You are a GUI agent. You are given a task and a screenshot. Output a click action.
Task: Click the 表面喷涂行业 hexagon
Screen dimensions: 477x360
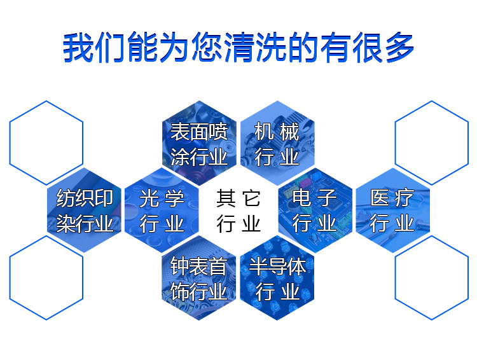[199, 143]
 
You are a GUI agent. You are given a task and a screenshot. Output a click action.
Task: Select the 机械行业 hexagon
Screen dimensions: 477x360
[277, 143]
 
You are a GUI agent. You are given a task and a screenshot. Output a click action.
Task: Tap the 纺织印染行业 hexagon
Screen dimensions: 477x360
[84, 211]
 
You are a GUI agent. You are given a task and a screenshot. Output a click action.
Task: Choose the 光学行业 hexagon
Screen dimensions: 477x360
[162, 211]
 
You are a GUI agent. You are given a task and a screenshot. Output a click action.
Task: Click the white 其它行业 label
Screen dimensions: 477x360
[238, 211]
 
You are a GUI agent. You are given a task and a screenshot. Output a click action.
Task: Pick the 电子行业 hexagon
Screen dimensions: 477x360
[315, 211]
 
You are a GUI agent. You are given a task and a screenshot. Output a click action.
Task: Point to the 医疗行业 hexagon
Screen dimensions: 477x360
[393, 211]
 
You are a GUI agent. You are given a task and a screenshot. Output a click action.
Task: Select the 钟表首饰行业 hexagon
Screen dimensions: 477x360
[199, 277]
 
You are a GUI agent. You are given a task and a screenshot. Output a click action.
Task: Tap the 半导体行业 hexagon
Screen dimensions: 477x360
[277, 277]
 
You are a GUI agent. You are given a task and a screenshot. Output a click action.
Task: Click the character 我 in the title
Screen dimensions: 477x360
[78, 47]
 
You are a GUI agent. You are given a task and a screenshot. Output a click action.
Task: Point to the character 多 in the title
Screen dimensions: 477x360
[400, 47]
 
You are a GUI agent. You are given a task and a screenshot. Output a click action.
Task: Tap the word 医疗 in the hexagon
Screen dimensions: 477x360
[392, 198]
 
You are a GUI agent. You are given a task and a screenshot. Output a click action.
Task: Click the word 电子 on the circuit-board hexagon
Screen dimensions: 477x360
[315, 198]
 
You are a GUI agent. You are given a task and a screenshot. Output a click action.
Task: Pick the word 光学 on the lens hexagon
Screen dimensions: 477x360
[162, 198]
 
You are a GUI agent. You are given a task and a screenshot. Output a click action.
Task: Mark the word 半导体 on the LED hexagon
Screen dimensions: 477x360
[277, 267]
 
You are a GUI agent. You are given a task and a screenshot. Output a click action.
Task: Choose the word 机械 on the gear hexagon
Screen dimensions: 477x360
[277, 132]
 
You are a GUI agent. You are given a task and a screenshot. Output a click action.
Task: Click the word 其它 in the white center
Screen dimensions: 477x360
[238, 198]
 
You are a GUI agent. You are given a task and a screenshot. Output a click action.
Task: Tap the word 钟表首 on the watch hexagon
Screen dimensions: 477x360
[199, 266]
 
